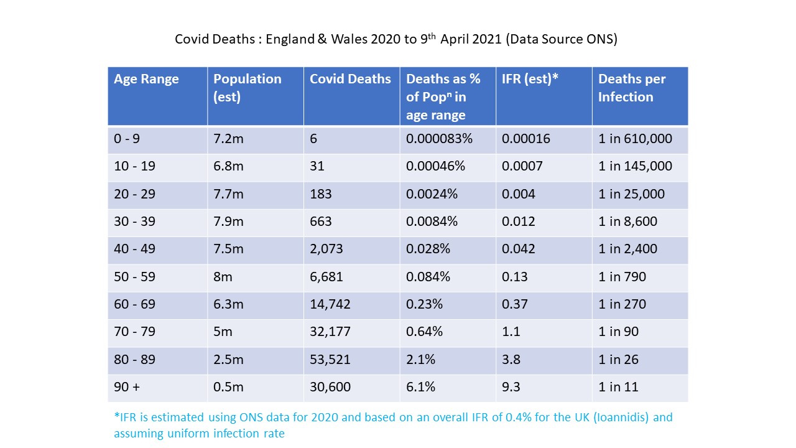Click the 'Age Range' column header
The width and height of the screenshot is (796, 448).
tap(146, 79)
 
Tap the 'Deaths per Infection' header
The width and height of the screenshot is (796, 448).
tap(632, 88)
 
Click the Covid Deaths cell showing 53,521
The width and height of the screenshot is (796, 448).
tap(330, 360)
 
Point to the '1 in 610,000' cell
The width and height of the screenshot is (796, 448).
tap(635, 139)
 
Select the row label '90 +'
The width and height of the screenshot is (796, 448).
tap(127, 387)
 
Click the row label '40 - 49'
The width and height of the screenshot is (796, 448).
tap(134, 249)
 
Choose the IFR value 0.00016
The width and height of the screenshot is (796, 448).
tap(526, 139)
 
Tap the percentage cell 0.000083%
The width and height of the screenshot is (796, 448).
tap(439, 139)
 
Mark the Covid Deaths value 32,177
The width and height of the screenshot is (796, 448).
tap(330, 332)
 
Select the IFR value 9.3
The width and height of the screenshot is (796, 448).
tap(511, 387)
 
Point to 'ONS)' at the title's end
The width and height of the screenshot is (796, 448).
tap(601, 39)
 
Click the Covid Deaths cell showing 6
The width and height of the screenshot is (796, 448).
tap(313, 139)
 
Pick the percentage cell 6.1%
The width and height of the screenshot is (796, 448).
tap(420, 387)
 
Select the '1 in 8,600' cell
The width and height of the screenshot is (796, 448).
tap(627, 222)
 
